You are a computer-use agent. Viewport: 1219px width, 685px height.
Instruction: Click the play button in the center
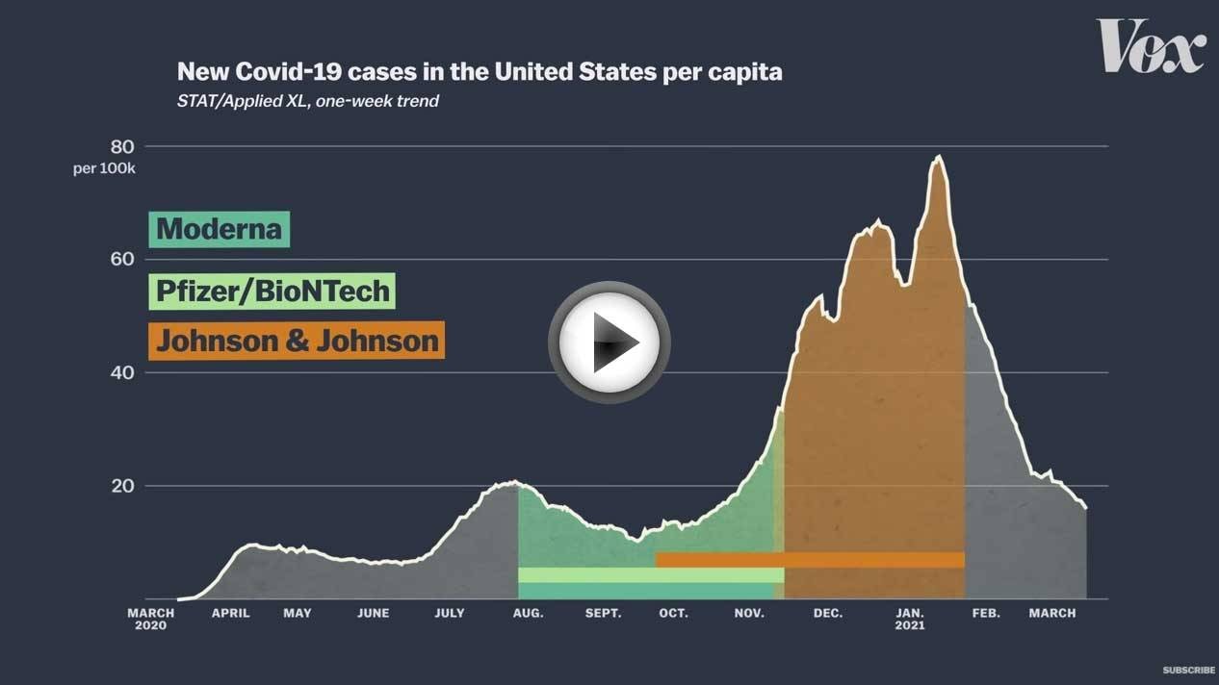pyautogui.click(x=609, y=342)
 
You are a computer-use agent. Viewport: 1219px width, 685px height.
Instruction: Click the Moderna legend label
pyautogui.click(x=220, y=229)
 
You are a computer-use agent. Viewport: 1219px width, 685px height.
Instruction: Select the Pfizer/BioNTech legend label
pyautogui.click(x=272, y=291)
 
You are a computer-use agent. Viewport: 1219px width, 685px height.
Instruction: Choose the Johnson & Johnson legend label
pyautogui.click(x=297, y=341)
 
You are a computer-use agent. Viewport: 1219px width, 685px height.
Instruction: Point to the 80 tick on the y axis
pyautogui.click(x=122, y=146)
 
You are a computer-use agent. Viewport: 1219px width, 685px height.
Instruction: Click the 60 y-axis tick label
pyautogui.click(x=122, y=259)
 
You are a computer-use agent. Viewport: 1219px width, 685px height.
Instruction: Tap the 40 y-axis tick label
pyautogui.click(x=122, y=372)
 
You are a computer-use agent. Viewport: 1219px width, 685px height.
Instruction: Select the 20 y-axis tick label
pyautogui.click(x=122, y=486)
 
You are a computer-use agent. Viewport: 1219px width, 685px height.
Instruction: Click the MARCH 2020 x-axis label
pyautogui.click(x=151, y=620)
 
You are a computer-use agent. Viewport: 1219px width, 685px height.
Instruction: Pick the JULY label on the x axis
pyautogui.click(x=450, y=613)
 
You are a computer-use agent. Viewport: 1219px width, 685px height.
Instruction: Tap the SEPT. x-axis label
pyautogui.click(x=603, y=613)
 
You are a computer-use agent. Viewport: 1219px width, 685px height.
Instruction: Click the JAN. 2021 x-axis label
pyautogui.click(x=910, y=620)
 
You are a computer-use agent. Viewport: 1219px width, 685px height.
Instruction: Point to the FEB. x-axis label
pyautogui.click(x=986, y=613)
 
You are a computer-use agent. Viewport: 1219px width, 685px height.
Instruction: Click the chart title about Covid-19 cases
pyautogui.click(x=480, y=72)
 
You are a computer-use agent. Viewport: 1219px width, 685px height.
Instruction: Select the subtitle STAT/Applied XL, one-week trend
pyautogui.click(x=308, y=101)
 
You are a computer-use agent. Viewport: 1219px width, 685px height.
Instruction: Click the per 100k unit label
pyautogui.click(x=104, y=168)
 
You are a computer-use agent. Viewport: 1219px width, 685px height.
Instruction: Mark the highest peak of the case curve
pyautogui.click(x=938, y=157)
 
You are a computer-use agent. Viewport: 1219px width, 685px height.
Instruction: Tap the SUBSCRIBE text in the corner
pyautogui.click(x=1188, y=671)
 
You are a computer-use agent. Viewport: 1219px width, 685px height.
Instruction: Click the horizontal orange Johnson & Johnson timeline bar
pyautogui.click(x=811, y=560)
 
